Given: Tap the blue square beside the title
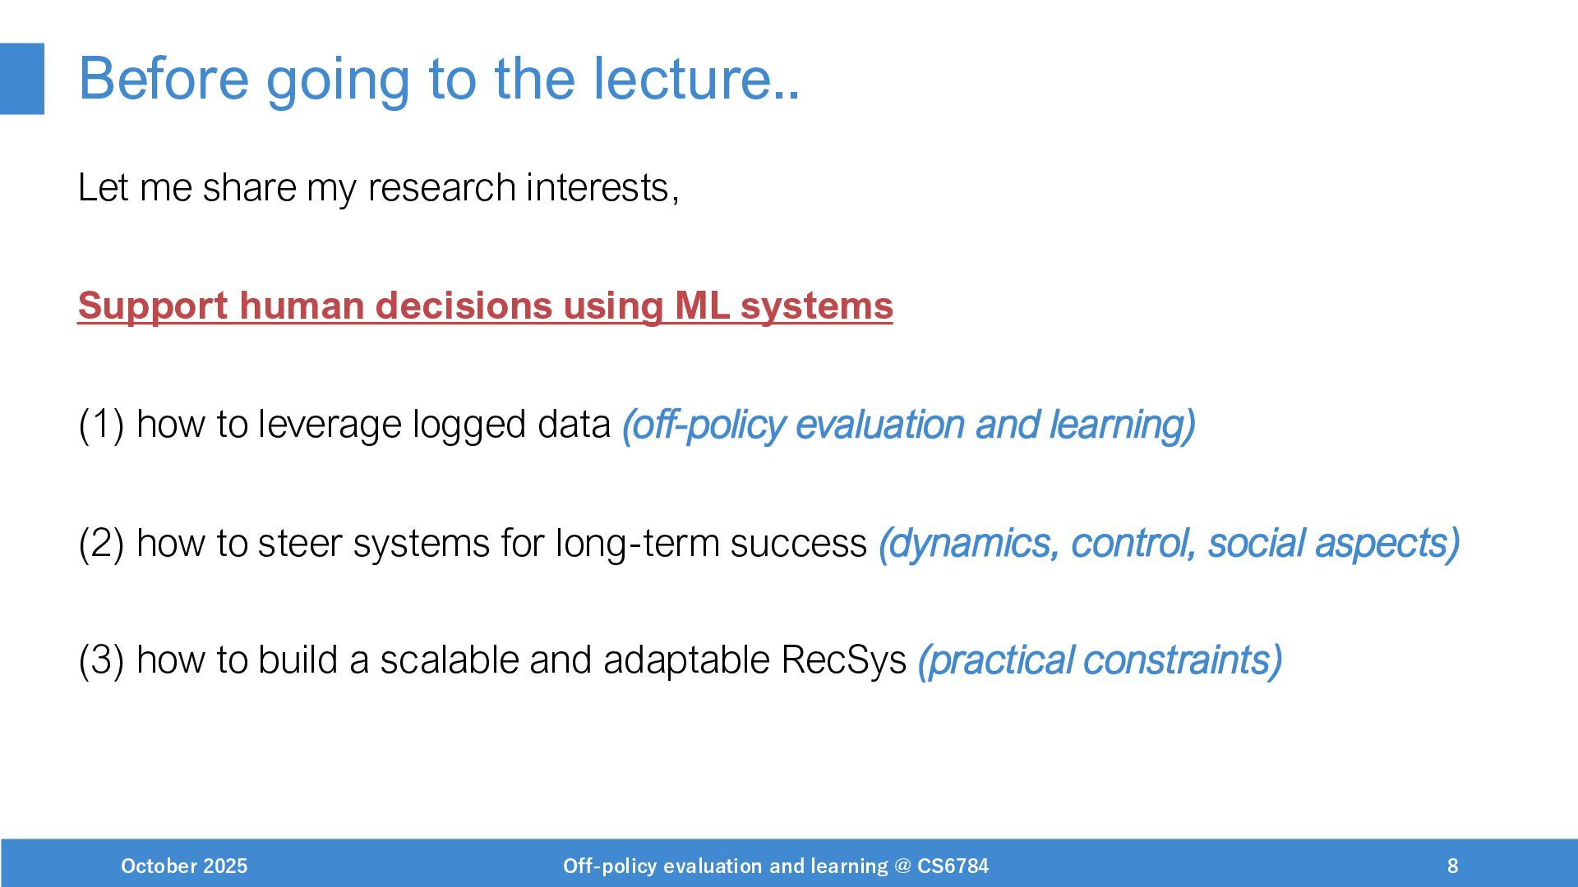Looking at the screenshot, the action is (22, 79).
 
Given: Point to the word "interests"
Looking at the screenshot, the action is (598, 187).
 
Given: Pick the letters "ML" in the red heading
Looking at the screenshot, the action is (702, 306).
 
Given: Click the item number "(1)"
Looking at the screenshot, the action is (101, 425).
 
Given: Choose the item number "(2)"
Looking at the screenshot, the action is (101, 543).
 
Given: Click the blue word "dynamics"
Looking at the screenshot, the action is (969, 543).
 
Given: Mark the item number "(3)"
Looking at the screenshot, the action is (101, 660).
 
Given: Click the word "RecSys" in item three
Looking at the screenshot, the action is (843, 660).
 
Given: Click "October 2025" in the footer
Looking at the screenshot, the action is (184, 866).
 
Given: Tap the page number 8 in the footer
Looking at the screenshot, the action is (1452, 866).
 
